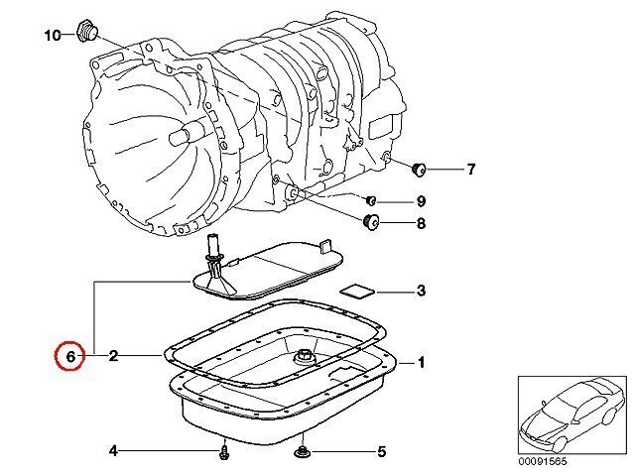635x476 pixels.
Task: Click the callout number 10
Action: point(53,36)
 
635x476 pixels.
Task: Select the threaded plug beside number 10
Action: point(87,31)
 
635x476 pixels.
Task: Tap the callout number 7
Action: point(470,169)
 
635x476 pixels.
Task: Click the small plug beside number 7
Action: point(419,169)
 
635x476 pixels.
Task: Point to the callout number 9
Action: point(421,200)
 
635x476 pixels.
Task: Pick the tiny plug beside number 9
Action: point(370,200)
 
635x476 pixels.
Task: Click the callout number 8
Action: point(421,223)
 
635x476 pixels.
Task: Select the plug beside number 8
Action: point(370,221)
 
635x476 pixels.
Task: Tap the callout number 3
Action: point(421,291)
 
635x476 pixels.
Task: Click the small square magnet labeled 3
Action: point(357,292)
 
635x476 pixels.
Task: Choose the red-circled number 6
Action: point(70,357)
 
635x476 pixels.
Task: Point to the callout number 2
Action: point(113,356)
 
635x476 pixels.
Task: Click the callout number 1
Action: point(421,362)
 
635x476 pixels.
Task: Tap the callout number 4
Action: point(114,450)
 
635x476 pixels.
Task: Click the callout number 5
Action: point(381,452)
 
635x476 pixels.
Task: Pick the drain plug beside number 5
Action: point(302,450)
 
